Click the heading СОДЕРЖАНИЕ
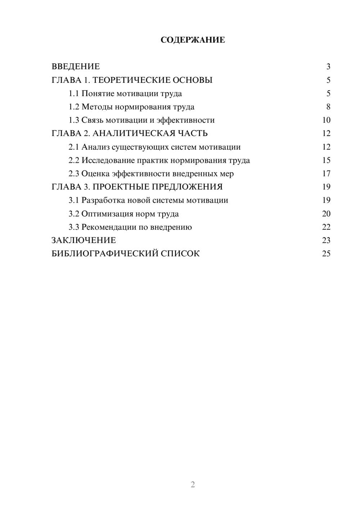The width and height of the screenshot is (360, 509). [193, 40]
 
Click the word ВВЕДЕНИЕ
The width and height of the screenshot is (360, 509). [76, 67]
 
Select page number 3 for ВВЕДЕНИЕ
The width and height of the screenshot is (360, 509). [328, 67]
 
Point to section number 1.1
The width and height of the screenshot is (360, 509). [73, 94]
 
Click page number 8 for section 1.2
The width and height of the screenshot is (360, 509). [328, 107]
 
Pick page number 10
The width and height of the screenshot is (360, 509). [326, 120]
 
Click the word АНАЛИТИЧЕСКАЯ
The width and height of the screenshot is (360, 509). [133, 134]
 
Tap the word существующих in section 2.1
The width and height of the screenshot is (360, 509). [140, 147]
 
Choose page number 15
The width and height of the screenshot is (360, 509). [326, 160]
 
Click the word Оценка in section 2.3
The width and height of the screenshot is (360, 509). [95, 174]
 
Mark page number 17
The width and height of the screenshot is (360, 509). [326, 174]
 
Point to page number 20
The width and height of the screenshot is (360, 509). [326, 213]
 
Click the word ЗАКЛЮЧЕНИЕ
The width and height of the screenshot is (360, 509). [84, 240]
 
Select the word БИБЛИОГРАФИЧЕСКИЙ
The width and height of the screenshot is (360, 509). [105, 253]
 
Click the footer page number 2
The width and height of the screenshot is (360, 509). [193, 485]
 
